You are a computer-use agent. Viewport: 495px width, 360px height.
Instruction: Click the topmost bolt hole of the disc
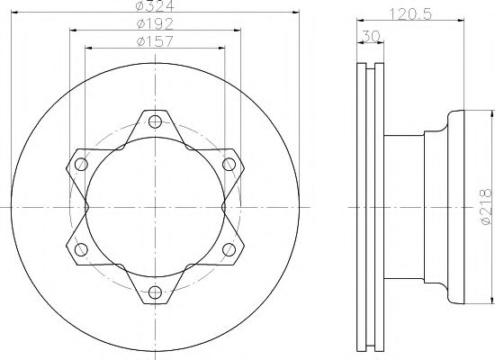pyautogui.click(x=154, y=122)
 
